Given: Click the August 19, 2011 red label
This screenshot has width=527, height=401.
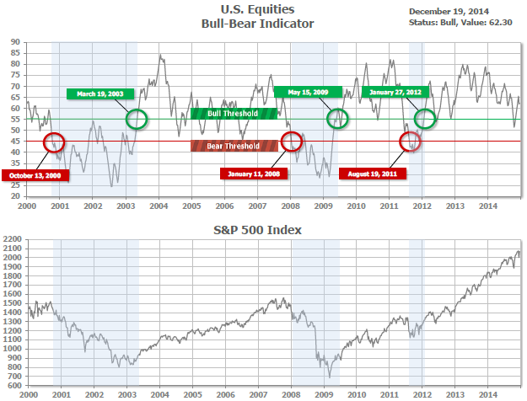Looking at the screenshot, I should (x=373, y=174).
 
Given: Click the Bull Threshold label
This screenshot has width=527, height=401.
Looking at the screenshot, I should (x=234, y=113).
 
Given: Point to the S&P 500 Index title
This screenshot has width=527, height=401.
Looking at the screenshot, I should (x=267, y=229).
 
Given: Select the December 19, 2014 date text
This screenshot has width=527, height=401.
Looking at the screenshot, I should (x=449, y=11).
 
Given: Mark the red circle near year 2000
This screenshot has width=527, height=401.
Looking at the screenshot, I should (x=53, y=142).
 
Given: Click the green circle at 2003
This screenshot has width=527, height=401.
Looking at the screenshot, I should (x=136, y=118).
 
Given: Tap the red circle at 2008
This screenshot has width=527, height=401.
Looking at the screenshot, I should (x=292, y=141).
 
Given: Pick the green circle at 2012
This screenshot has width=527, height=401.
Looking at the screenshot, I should (x=426, y=118).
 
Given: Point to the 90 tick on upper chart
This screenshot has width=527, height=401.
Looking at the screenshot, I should (x=16, y=41).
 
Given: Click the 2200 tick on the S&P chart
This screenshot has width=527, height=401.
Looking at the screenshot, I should (x=13, y=240).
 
